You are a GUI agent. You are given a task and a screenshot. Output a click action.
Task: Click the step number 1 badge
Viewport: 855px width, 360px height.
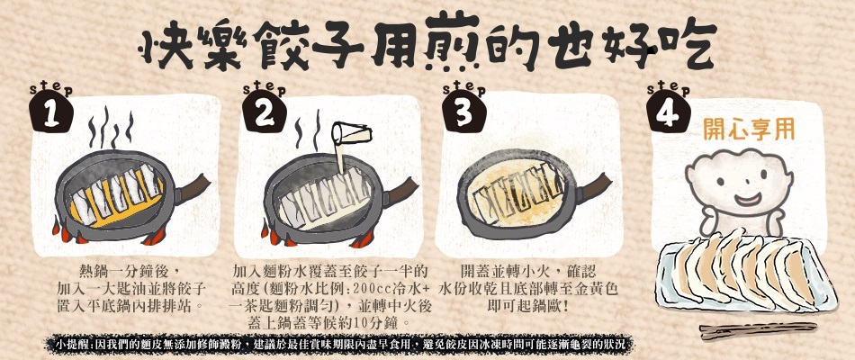(x=51, y=112)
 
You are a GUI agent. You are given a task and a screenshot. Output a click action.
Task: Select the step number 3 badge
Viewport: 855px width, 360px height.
(x=464, y=112)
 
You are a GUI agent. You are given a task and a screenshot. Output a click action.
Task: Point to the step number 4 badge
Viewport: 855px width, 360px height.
(x=668, y=112)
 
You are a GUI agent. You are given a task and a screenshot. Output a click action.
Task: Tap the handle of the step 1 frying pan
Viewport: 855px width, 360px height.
(x=192, y=187)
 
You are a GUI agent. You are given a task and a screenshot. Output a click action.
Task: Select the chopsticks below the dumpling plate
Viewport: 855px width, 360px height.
(x=758, y=330)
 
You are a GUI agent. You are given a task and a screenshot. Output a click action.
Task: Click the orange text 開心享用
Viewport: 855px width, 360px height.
(x=748, y=130)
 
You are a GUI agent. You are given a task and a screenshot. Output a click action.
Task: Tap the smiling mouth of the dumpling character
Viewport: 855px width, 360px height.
(x=747, y=199)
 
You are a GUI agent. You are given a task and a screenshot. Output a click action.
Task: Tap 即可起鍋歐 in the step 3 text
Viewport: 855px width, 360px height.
(x=527, y=305)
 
